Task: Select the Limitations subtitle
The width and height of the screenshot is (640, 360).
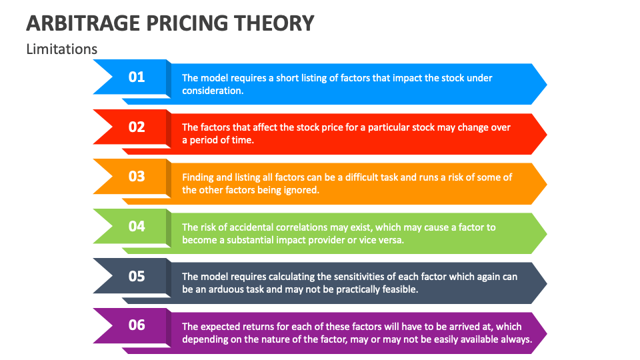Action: coord(61,49)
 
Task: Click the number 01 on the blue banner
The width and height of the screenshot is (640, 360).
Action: coord(137,77)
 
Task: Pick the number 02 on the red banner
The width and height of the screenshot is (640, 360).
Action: coord(137,127)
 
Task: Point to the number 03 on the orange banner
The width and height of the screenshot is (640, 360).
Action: coord(137,177)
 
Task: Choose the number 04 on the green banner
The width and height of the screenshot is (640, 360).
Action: coord(137,227)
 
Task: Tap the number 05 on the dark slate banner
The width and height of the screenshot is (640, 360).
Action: coord(137,276)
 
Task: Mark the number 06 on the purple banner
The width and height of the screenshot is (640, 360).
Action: coord(137,325)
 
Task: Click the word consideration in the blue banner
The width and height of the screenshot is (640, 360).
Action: coord(212,91)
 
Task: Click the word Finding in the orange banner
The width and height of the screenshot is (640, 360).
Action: coord(198,177)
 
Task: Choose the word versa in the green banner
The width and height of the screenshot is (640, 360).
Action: coord(389,240)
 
